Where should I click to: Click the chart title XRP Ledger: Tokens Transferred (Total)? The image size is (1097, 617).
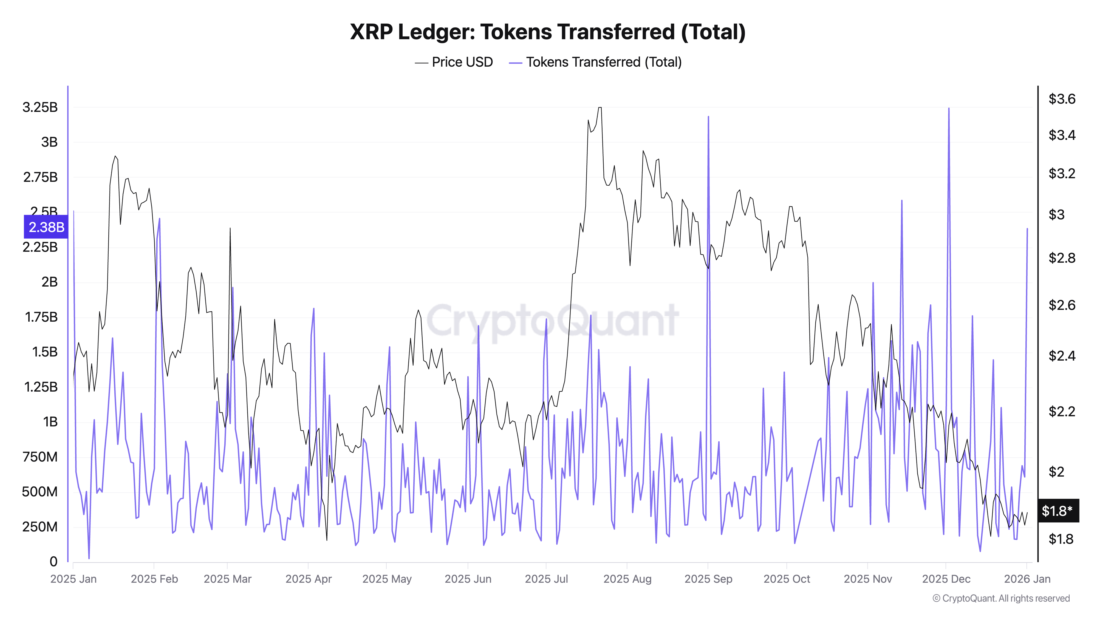548,32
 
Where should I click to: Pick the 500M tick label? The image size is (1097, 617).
39,492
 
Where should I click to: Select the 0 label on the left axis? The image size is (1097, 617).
53,562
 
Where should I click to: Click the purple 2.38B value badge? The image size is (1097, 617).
46,227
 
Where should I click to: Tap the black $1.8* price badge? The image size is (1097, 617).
1058,511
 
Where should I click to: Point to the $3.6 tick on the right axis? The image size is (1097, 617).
1062,99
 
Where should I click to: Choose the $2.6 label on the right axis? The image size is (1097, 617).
1062,305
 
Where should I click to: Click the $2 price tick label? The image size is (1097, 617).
1056,472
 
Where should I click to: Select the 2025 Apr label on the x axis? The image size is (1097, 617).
308,579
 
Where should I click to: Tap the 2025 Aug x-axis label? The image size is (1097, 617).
627,579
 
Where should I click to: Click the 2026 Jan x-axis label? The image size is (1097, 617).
1027,579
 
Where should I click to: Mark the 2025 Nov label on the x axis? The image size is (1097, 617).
867,579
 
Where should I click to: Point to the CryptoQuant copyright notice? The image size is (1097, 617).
1001,598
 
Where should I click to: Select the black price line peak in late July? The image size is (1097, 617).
600,108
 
